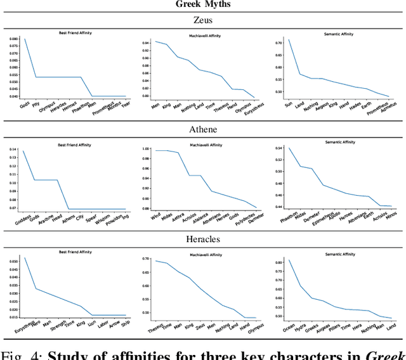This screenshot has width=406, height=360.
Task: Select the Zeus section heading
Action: [x=202, y=20]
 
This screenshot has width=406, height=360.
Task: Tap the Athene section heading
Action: [x=202, y=130]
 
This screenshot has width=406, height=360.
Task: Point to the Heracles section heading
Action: [x=202, y=239]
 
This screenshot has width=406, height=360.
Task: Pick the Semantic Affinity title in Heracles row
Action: [x=337, y=254]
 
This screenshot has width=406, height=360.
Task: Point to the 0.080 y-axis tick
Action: [x=15, y=39]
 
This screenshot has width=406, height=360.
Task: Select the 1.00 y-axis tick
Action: [x=145, y=149]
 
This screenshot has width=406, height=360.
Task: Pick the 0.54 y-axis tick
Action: [x=276, y=148]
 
